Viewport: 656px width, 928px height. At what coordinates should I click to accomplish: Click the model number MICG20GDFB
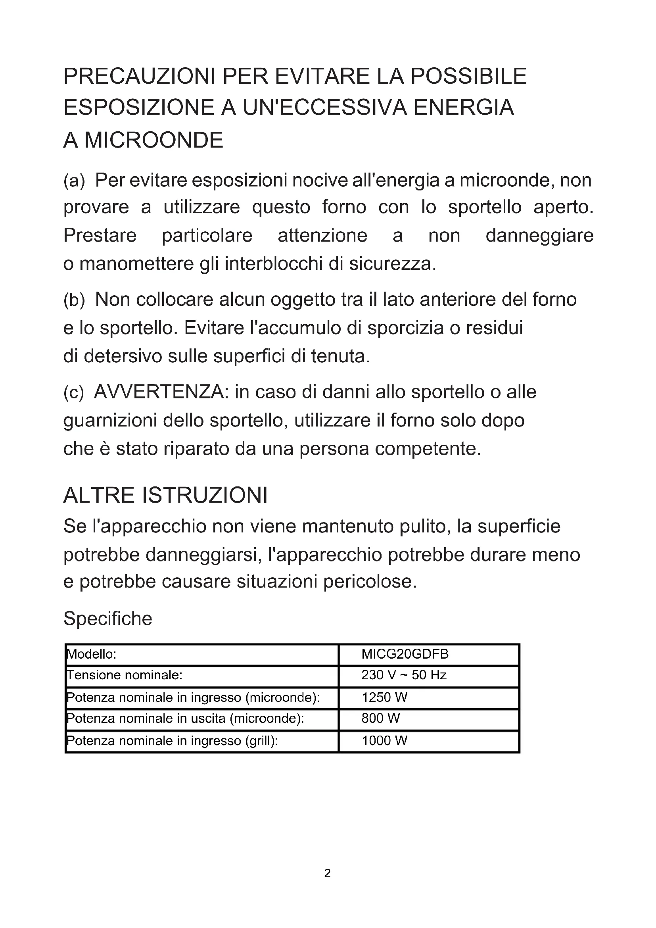tap(405, 654)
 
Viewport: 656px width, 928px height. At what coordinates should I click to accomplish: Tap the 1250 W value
tap(385, 697)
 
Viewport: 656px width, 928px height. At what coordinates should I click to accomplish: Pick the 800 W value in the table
tap(380, 718)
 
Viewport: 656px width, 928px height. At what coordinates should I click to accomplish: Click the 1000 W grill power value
tap(385, 740)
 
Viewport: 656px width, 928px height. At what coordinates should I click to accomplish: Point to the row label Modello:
tap(92, 654)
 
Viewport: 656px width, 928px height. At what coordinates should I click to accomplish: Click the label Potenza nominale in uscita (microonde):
tap(185, 718)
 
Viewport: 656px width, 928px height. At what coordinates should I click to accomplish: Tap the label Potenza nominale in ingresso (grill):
tap(172, 740)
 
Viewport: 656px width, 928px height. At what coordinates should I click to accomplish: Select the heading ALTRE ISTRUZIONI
tap(166, 495)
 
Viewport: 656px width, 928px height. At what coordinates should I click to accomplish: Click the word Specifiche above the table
tap(108, 619)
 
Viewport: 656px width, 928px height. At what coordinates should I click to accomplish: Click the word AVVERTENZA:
tap(161, 392)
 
